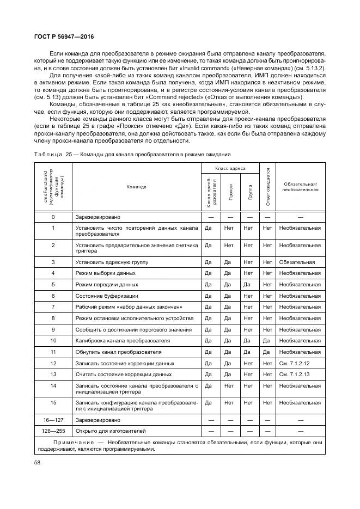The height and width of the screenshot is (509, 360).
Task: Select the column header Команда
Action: (136, 187)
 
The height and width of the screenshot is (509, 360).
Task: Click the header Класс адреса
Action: (230, 169)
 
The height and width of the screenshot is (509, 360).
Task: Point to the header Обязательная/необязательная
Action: (300, 187)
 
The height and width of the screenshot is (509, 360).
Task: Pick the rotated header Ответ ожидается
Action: (268, 187)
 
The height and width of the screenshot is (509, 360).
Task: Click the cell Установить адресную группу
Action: (112, 262)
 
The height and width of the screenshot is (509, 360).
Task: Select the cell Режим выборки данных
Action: (105, 273)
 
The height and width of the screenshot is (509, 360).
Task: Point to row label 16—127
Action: (53, 420)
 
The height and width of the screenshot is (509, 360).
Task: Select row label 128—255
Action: (53, 431)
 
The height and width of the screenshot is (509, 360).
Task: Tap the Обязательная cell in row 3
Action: (297, 262)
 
